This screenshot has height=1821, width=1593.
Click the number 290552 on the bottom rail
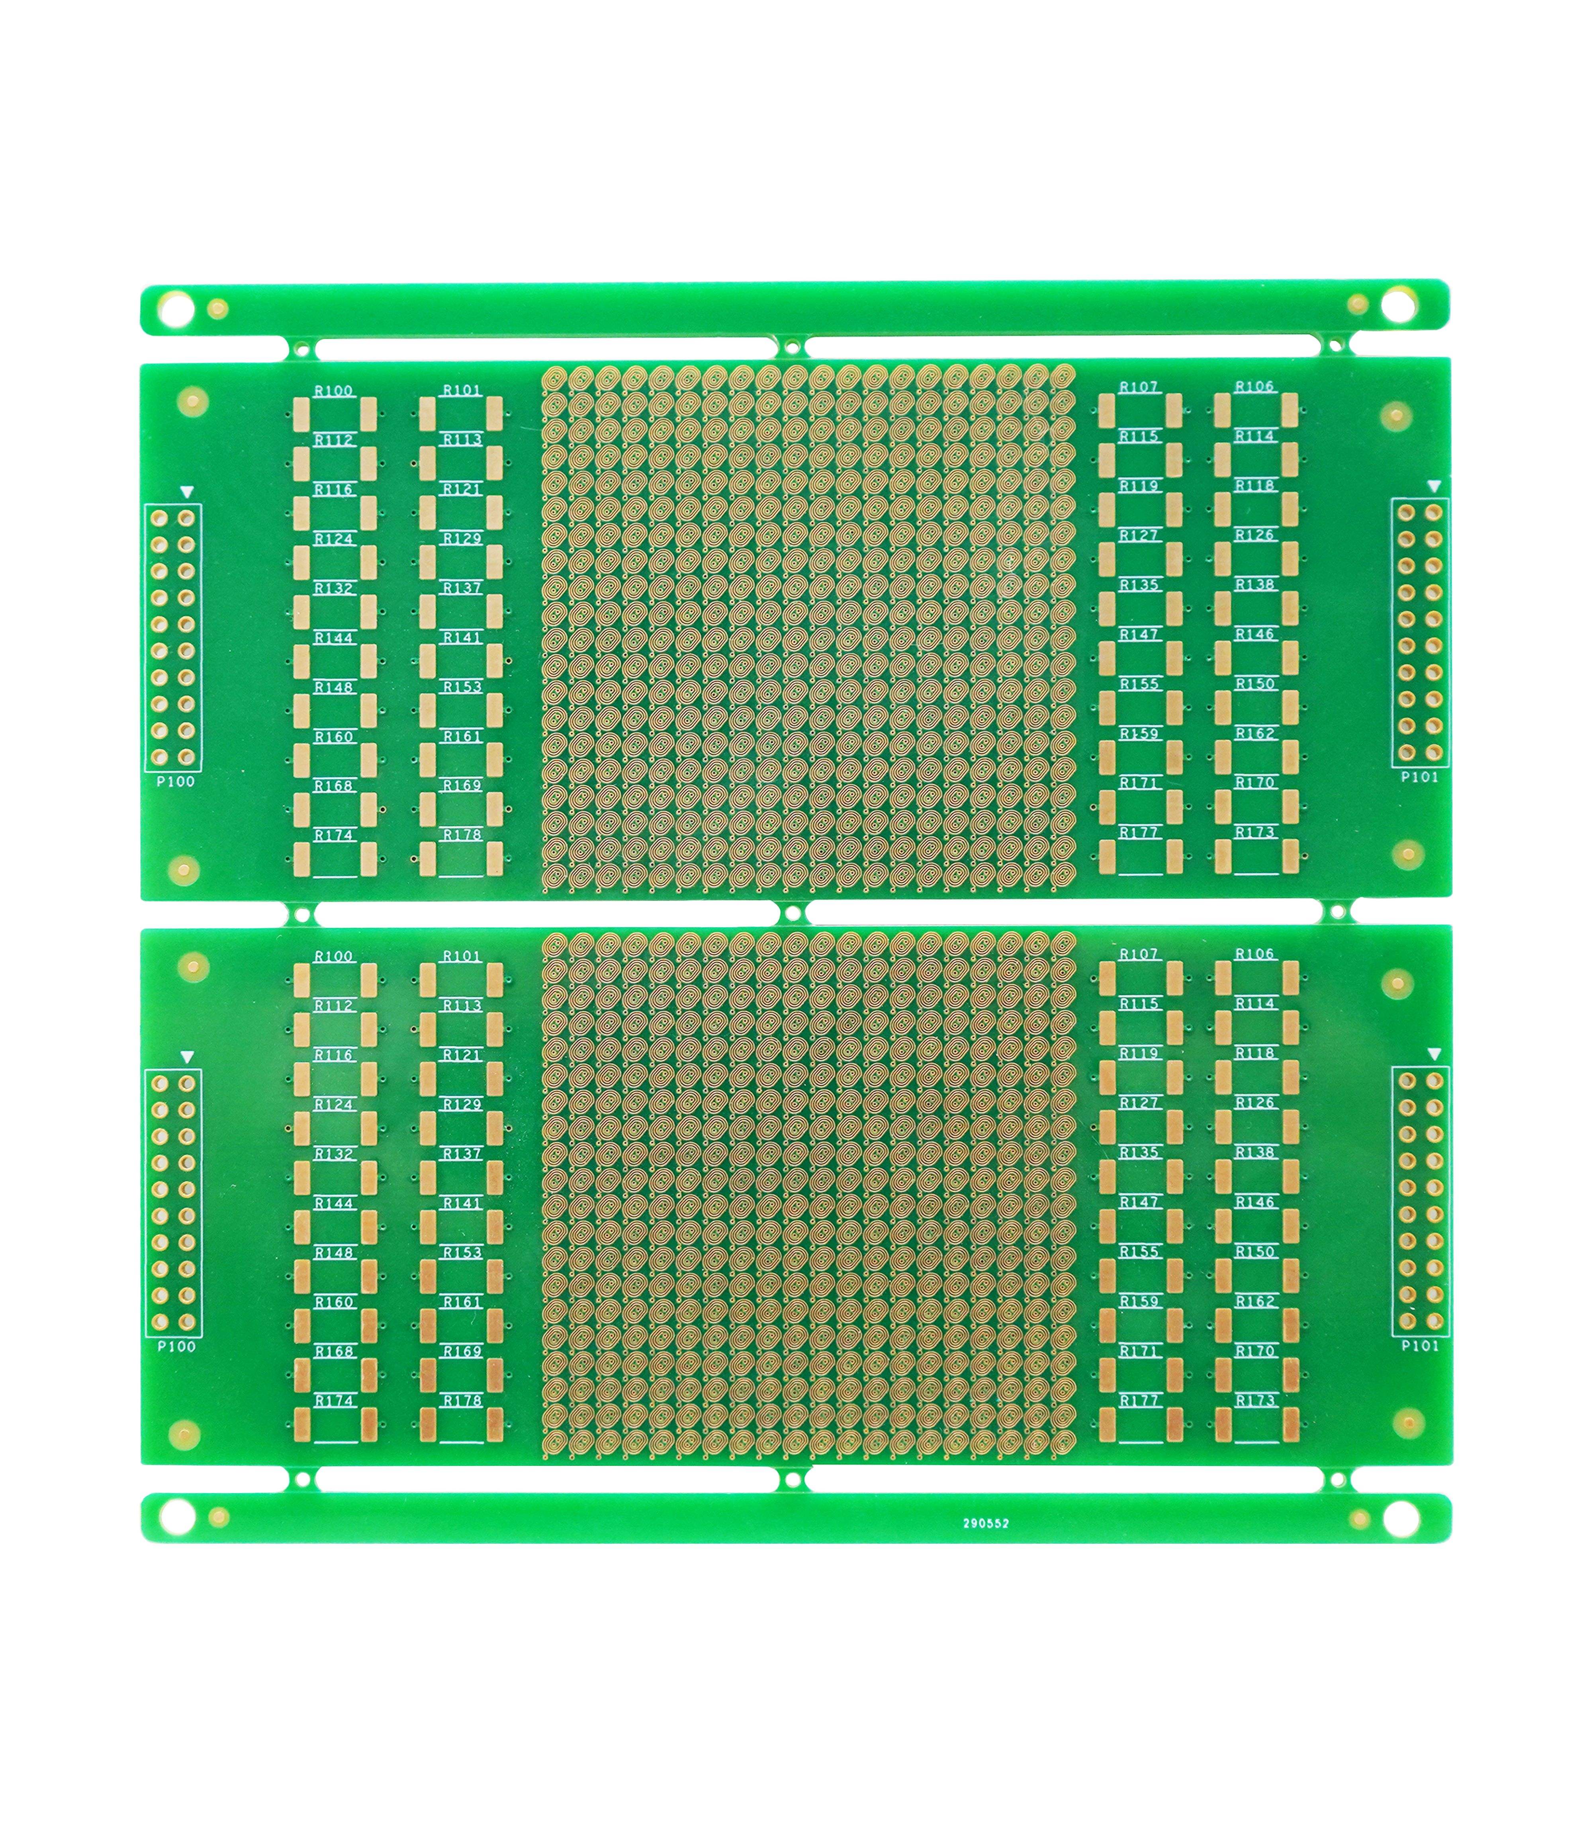point(986,1523)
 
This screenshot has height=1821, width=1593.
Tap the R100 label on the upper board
point(333,390)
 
